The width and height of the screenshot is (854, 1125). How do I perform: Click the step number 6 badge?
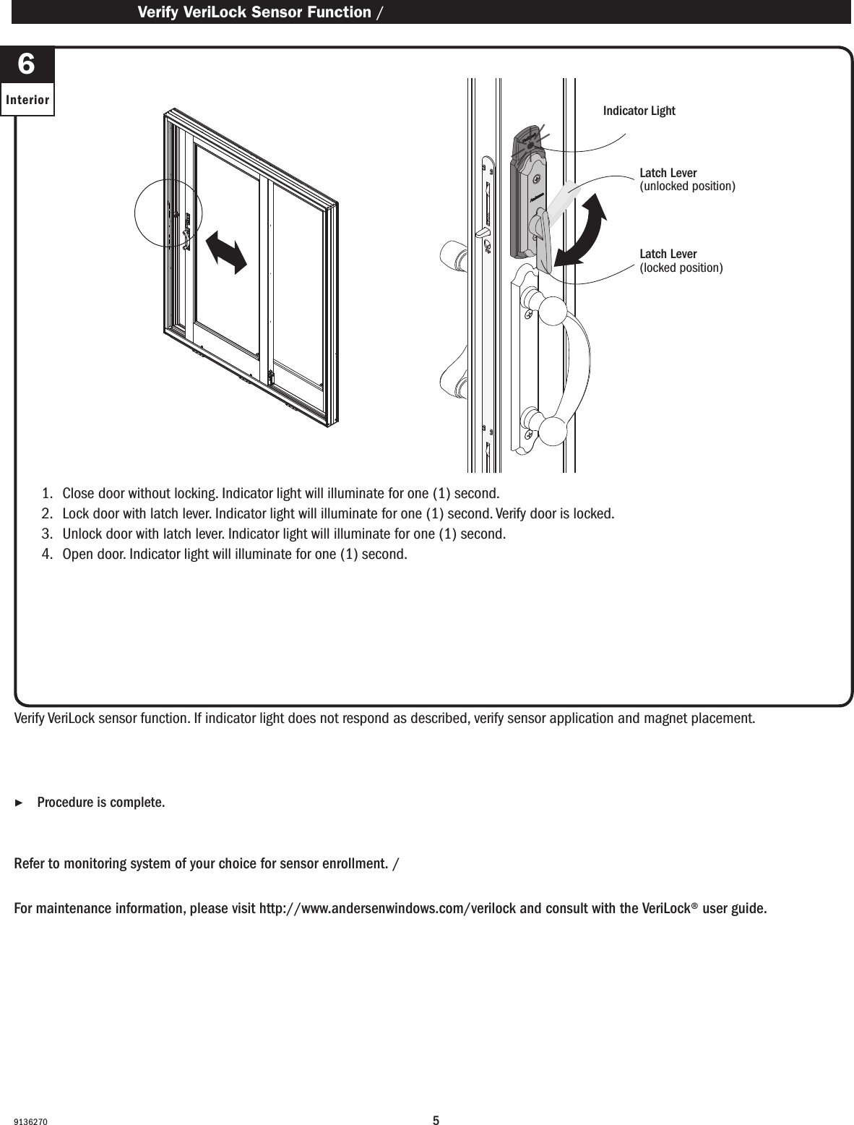(26, 65)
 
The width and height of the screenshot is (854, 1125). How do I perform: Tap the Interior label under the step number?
(27, 100)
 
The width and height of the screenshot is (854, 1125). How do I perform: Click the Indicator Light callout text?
(639, 111)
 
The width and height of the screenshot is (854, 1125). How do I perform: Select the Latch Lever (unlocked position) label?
(687, 180)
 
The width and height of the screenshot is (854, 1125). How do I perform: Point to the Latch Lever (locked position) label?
(681, 261)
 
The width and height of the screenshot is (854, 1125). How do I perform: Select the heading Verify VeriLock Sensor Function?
(254, 12)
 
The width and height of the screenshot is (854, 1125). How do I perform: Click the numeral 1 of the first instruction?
(47, 494)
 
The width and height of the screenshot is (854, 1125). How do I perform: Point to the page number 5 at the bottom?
(436, 1101)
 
